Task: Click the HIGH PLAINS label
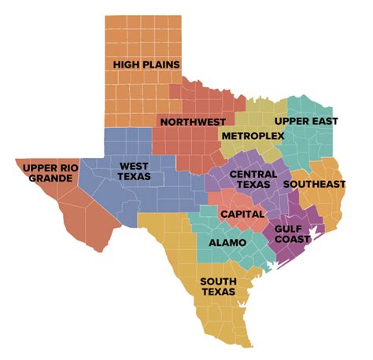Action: click(146, 64)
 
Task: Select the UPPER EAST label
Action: click(306, 121)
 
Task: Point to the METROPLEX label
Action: click(253, 136)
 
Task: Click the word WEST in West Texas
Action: click(134, 166)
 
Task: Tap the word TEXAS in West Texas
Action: click(134, 177)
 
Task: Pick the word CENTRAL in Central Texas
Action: click(253, 174)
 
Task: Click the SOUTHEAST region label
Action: click(314, 184)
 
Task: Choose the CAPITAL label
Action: click(242, 214)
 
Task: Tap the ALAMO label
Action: click(227, 243)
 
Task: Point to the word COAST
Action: click(292, 240)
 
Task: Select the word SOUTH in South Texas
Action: click(218, 281)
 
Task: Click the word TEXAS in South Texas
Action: click(218, 292)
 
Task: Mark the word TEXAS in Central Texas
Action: click(253, 185)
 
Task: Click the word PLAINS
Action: click(160, 64)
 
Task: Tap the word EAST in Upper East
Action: click(324, 121)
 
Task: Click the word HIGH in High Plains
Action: click(126, 64)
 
